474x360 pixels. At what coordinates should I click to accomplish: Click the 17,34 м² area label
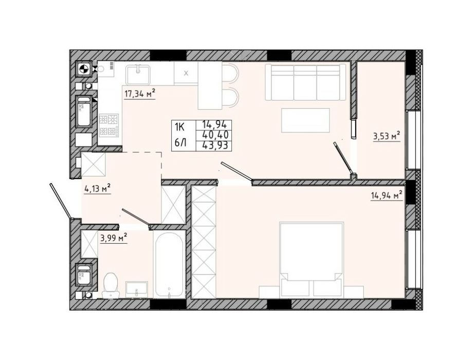140,94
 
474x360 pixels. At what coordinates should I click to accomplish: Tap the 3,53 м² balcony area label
387,137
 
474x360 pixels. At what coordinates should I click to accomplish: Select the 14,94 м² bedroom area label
387,195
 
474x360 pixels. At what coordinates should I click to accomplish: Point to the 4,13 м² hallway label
97,190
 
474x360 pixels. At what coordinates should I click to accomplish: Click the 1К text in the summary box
179,128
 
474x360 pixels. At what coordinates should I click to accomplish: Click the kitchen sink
138,75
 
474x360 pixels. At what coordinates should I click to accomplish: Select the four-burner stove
109,124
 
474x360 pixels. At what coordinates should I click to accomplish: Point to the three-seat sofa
305,82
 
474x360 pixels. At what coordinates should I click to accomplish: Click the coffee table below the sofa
305,120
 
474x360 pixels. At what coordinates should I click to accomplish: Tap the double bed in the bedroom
312,259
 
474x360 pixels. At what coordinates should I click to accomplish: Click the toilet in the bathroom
111,285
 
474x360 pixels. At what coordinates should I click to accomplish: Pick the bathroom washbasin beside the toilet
137,289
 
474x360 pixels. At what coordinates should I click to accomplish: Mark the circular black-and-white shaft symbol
83,69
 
